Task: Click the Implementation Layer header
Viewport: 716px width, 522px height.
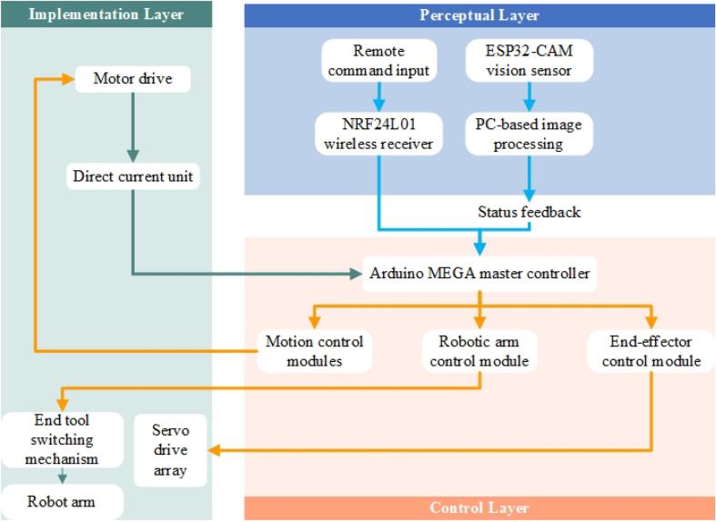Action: pyautogui.click(x=106, y=14)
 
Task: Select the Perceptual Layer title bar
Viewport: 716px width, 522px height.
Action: pyautogui.click(x=479, y=15)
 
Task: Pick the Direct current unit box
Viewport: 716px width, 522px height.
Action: pyautogui.click(x=133, y=176)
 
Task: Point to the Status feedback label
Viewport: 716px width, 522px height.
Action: pyautogui.click(x=529, y=212)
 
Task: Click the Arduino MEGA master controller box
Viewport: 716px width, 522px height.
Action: pyautogui.click(x=480, y=272)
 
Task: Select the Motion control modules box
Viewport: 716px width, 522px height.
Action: pyautogui.click(x=314, y=351)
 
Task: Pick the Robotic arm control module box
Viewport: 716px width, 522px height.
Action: pyautogui.click(x=480, y=351)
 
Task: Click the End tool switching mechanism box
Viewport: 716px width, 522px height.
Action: pyautogui.click(x=62, y=439)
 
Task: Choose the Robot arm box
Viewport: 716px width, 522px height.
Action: pyautogui.click(x=62, y=501)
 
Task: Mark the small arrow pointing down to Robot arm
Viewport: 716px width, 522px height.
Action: pyautogui.click(x=62, y=476)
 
